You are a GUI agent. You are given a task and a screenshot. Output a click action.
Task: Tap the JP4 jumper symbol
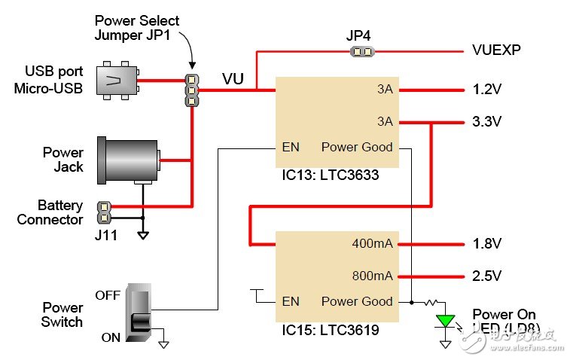coord(361,52)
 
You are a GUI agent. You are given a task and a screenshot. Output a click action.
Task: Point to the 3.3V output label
coord(486,121)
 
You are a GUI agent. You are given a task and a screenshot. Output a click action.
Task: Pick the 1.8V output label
coord(486,244)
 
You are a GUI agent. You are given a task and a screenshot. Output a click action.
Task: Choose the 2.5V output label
coord(486,275)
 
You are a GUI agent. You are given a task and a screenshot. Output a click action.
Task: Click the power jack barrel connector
coord(130,160)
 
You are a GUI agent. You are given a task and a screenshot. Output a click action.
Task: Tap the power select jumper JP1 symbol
coord(193,90)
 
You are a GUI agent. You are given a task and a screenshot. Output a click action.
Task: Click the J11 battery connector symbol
coord(104,212)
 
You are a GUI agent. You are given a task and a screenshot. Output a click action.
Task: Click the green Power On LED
coord(446,322)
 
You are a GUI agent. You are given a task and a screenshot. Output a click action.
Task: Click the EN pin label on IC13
coord(291,147)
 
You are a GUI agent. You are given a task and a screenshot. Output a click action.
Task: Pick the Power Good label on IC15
coord(357,301)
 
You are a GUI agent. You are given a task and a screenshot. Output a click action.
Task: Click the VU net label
coord(232,78)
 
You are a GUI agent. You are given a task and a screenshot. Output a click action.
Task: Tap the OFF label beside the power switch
coord(108,295)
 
